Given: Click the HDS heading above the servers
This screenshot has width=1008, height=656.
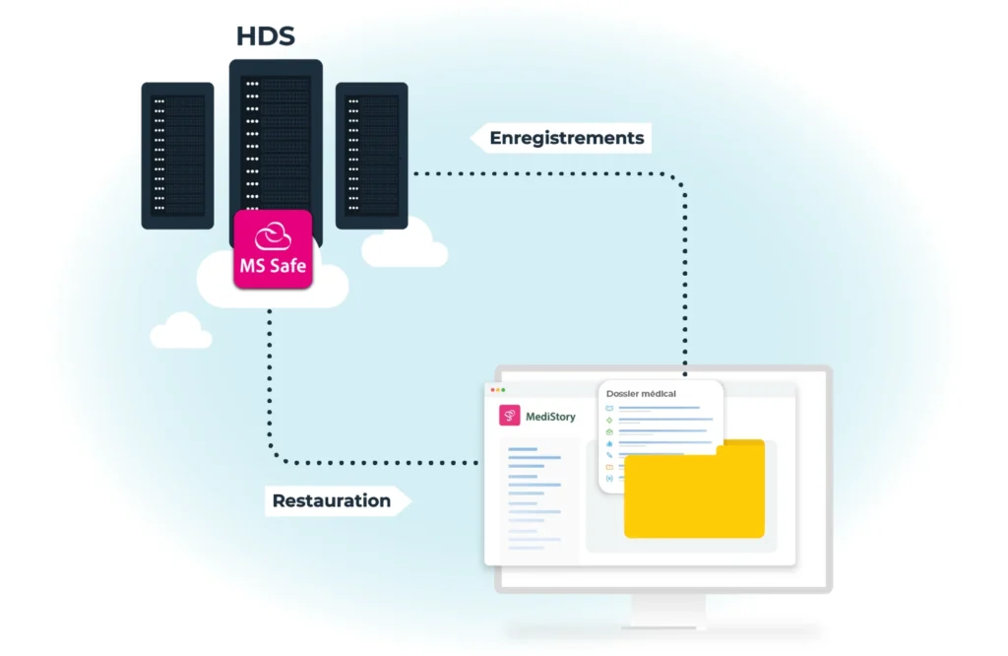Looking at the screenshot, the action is [x=266, y=36].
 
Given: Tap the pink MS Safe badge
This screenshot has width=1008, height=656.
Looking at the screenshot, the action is [x=274, y=249].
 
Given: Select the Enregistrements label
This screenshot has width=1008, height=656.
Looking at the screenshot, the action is [x=566, y=138].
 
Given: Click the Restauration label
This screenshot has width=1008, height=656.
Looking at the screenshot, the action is [x=331, y=500].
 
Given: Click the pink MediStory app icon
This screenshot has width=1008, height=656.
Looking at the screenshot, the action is [x=509, y=416].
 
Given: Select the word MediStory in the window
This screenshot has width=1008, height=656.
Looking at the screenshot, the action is [x=550, y=417].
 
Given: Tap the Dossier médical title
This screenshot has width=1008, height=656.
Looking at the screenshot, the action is [x=641, y=394].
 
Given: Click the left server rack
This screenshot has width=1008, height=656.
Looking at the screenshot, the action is [x=177, y=156].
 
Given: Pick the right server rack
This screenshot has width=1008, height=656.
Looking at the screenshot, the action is [x=371, y=156].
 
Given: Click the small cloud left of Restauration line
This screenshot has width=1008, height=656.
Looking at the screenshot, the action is [x=181, y=331].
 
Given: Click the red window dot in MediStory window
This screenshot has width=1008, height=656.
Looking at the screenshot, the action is [x=492, y=390].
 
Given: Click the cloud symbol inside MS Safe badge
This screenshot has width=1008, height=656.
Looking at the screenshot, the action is [x=274, y=236].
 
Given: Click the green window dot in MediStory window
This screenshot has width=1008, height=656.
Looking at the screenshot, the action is [x=503, y=390].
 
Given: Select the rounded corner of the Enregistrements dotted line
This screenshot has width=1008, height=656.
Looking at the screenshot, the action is [x=679, y=179].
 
